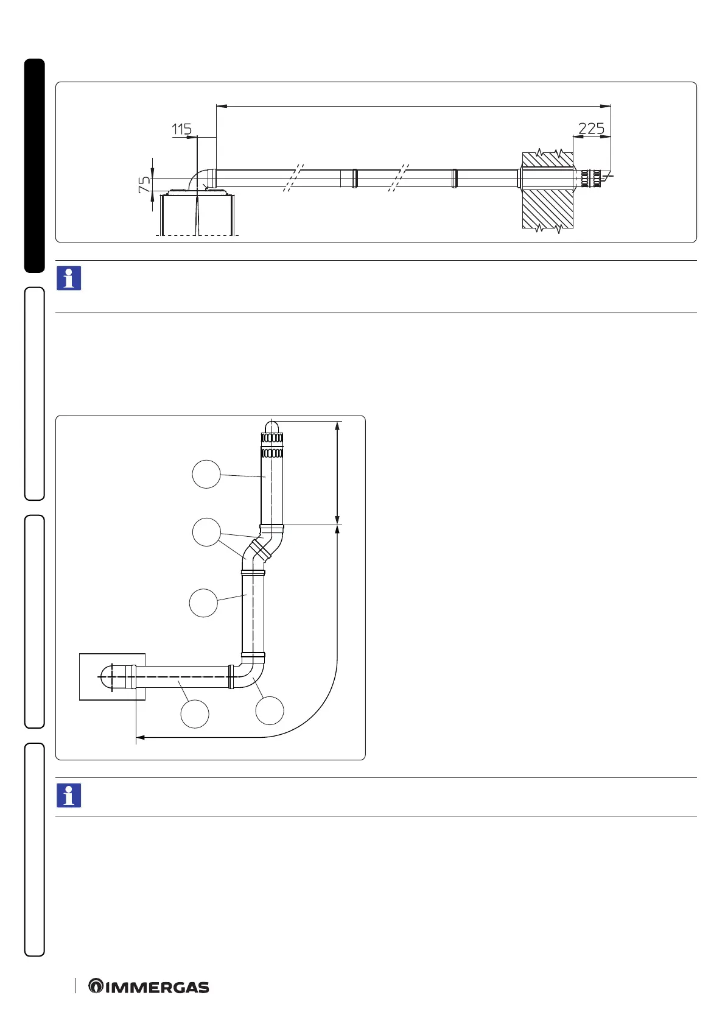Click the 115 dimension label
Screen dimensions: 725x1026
(x=181, y=129)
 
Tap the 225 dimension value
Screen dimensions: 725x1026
(x=591, y=129)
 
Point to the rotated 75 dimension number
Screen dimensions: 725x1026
(x=144, y=185)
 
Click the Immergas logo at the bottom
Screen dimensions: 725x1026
(x=149, y=987)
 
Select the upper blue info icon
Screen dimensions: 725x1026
(x=69, y=278)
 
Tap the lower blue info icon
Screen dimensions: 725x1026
(x=69, y=796)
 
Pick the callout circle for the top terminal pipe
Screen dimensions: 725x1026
(x=206, y=474)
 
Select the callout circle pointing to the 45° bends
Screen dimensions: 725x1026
(x=206, y=532)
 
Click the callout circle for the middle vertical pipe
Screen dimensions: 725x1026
(x=203, y=603)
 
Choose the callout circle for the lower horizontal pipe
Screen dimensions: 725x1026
(x=195, y=714)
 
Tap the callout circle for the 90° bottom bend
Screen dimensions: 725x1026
(x=270, y=710)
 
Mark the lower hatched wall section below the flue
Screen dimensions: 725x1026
(x=548, y=209)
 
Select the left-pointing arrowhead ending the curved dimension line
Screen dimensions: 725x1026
(x=140, y=738)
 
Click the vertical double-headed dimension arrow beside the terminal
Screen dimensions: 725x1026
(x=337, y=472)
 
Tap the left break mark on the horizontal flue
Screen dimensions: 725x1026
(x=293, y=178)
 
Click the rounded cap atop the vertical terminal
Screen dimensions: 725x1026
(x=272, y=426)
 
